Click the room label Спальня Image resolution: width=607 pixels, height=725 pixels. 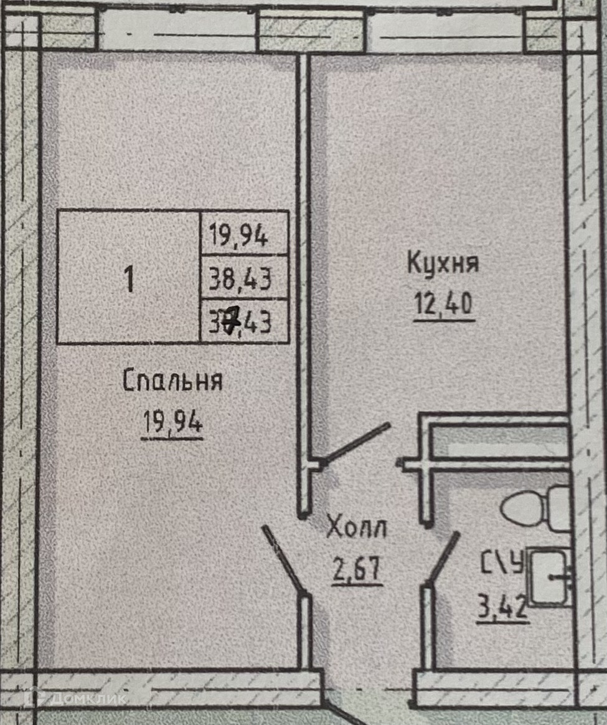pos(172,381)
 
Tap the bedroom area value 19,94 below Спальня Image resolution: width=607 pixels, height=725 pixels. pos(172,424)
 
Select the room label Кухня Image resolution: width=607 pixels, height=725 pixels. pos(443,263)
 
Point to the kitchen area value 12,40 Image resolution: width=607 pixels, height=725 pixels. pos(444,305)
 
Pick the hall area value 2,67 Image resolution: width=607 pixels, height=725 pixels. pos(357,569)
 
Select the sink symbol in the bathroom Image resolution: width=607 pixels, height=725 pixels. pos(549,577)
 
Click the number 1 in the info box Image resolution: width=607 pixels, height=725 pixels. pos(129,279)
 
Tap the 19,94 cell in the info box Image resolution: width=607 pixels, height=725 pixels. pos(238,236)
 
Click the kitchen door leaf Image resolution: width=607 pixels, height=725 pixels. pos(357,443)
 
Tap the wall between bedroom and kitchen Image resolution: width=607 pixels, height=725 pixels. pos(303,280)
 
